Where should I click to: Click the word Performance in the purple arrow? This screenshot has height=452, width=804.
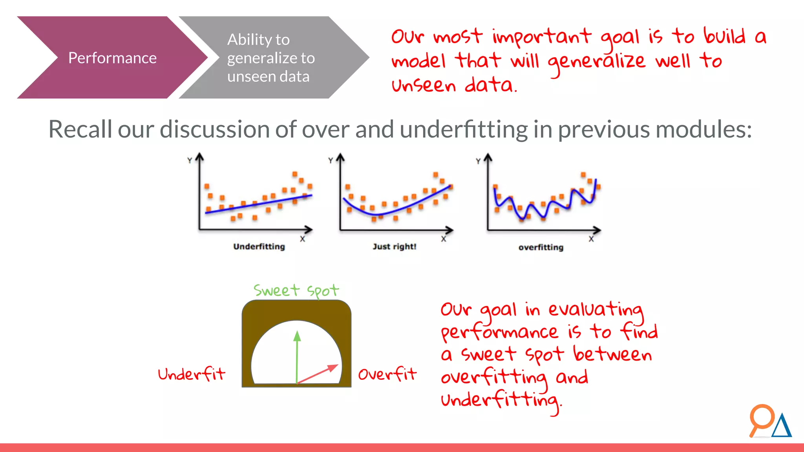pos(112,58)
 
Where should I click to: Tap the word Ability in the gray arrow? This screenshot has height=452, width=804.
pos(249,40)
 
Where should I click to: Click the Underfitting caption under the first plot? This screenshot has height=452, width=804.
pos(259,246)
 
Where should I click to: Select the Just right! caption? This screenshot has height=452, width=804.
pos(394,246)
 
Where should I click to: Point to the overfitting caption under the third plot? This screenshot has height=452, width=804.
pos(541,247)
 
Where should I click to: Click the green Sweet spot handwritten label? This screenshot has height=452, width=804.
pos(296,290)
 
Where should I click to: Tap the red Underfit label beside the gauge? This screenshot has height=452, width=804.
pos(192,374)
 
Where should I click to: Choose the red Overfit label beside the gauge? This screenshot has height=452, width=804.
pos(387,374)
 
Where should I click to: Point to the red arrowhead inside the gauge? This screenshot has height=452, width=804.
pos(333,368)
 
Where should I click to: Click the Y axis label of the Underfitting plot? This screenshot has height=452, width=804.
pos(190,160)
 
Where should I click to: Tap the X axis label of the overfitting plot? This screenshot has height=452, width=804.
pos(591,239)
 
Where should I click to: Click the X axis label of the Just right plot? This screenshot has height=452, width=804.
pos(443,239)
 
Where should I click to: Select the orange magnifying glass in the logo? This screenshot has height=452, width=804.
pos(761,418)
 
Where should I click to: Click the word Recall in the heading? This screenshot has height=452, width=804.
pos(80,129)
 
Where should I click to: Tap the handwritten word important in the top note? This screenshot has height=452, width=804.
pos(542,37)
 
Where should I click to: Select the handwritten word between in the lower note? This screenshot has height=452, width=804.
pos(612,354)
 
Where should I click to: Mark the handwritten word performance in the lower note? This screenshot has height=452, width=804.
pos(499,333)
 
